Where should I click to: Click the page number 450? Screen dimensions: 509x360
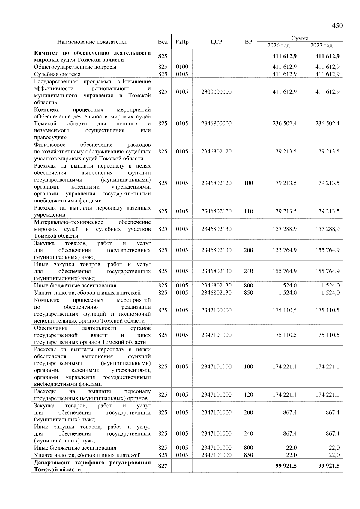[x=337, y=26]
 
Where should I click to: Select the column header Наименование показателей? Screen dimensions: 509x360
[x=92, y=42]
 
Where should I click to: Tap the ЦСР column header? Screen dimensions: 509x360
[x=216, y=42]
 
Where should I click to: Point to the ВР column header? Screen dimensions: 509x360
[x=248, y=42]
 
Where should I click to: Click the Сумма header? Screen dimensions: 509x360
[x=300, y=38]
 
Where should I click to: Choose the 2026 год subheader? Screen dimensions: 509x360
[x=278, y=46]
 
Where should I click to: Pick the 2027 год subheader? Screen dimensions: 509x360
[x=321, y=46]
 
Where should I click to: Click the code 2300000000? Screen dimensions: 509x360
[x=216, y=92]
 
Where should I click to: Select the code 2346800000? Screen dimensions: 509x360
[x=216, y=124]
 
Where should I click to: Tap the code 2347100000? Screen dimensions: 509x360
[x=216, y=310]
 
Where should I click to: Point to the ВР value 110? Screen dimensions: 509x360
[x=248, y=211]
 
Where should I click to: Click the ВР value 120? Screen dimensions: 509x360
[x=248, y=395]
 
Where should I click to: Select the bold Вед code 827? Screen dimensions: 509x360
[x=163, y=466]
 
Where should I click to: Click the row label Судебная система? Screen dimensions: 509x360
[x=57, y=74]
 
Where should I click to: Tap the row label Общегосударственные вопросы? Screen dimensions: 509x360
[x=75, y=67]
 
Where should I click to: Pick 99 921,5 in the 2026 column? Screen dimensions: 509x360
[x=286, y=466]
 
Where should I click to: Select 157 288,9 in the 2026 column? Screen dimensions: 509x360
[x=284, y=229]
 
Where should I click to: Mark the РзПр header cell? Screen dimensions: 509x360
[x=182, y=42]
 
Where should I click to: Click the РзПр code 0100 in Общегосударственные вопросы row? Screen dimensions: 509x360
[x=182, y=67]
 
